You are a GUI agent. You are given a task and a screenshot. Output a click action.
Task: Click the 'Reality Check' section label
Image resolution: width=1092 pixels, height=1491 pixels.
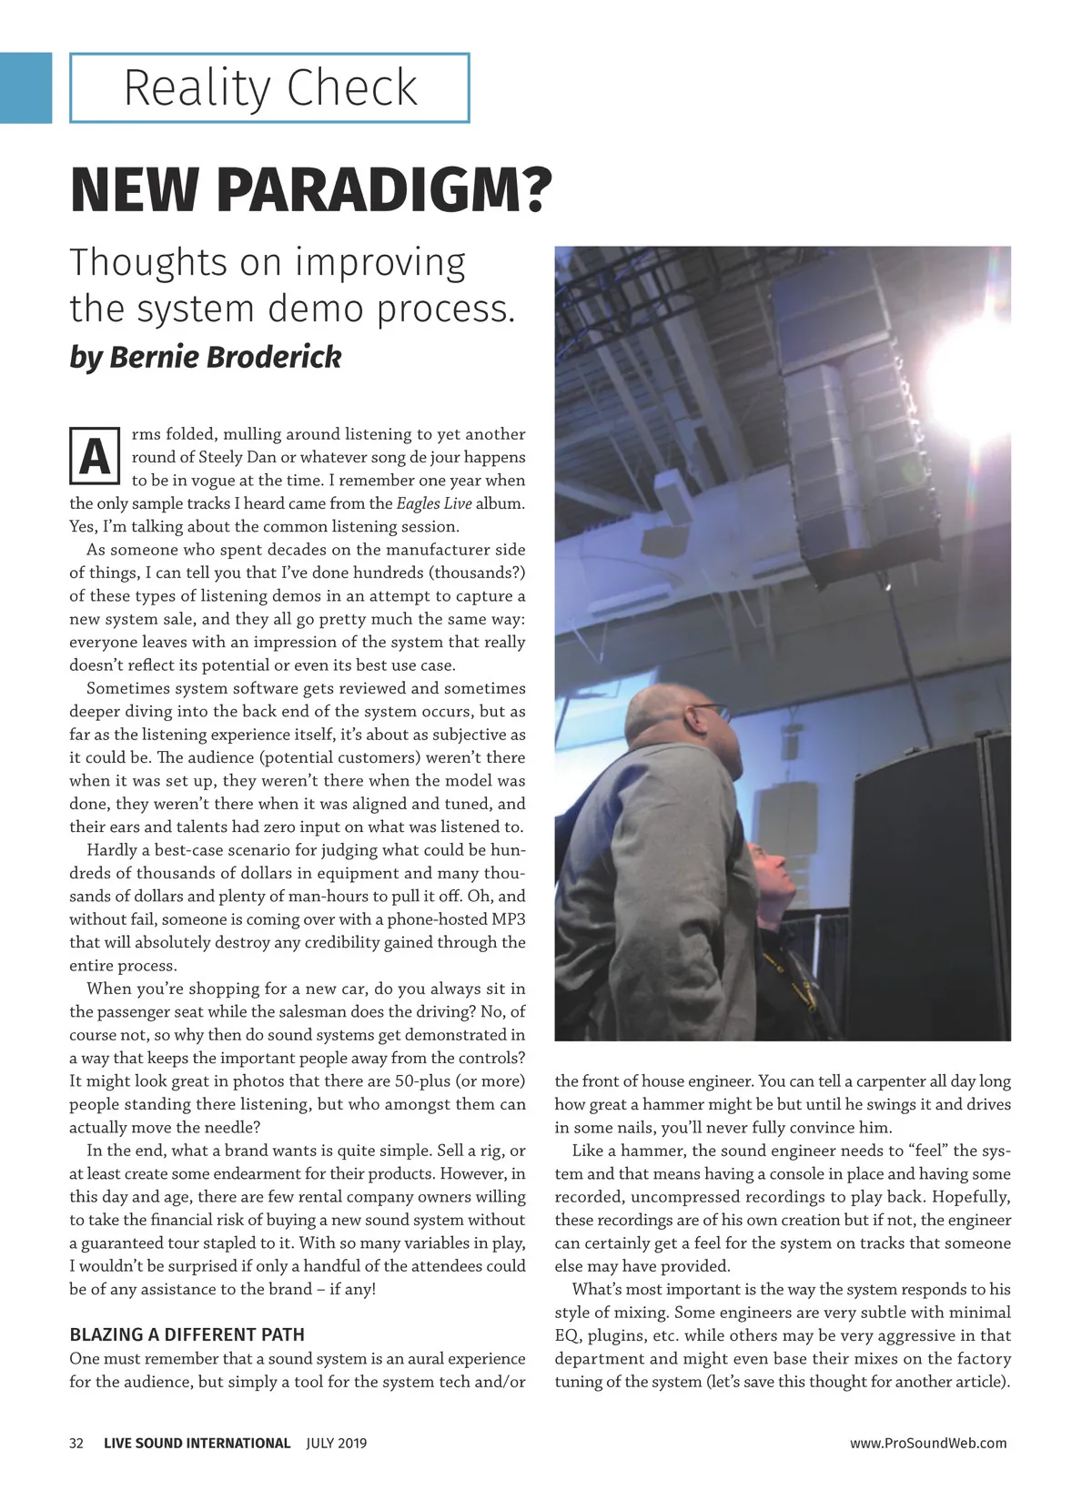(269, 88)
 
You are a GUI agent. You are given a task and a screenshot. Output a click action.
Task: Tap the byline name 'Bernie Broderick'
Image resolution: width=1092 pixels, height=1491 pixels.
(225, 357)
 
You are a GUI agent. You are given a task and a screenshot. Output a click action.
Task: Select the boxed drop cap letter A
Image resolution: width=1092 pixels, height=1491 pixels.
(95, 456)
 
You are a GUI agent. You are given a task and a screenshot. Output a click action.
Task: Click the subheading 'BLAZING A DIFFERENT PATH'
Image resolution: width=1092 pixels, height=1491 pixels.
(187, 1334)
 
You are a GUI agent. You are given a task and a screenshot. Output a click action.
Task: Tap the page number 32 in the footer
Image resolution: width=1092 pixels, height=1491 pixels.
(76, 1443)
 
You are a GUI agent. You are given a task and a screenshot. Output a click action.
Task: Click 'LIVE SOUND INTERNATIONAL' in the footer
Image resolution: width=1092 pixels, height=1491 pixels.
(197, 1443)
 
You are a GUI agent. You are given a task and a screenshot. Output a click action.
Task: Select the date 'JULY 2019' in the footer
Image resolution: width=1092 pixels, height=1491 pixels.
(337, 1443)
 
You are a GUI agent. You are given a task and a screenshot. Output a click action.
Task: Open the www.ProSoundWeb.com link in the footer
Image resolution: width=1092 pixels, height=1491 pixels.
(928, 1443)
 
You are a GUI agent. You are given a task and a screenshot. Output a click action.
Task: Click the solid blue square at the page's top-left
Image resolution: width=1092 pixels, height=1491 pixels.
(25, 87)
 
